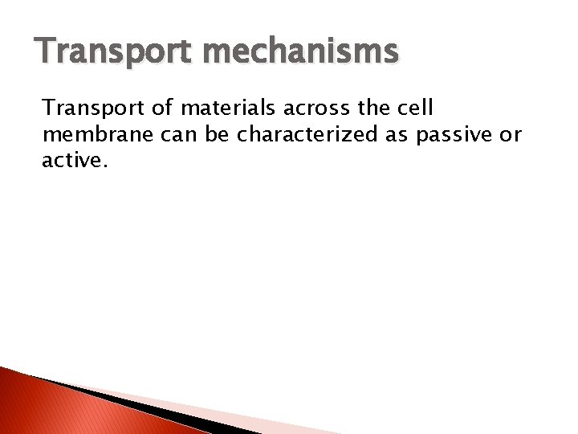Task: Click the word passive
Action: coord(454,134)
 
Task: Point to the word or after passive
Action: coord(511,134)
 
